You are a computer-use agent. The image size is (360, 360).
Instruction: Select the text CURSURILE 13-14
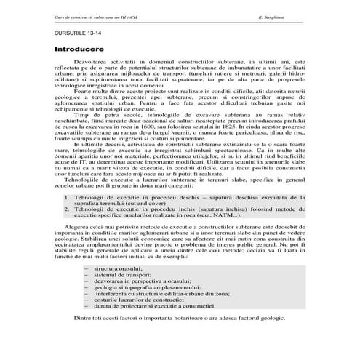[73, 34]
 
